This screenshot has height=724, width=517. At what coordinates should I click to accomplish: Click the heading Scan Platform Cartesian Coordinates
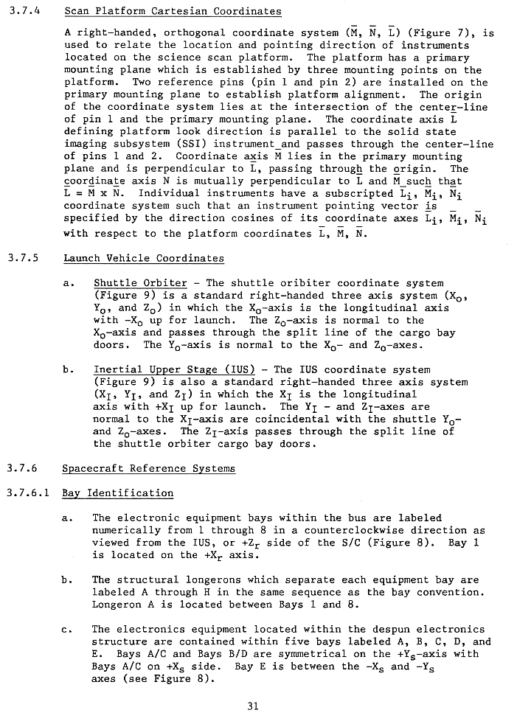pos(173,12)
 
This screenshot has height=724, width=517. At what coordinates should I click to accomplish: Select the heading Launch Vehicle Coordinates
pos(144,258)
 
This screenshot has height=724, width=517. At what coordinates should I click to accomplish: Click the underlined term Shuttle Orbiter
pos(140,283)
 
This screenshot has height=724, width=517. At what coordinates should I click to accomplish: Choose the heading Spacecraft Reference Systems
pos(148,468)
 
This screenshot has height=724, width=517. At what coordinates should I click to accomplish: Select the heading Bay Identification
pos(118,492)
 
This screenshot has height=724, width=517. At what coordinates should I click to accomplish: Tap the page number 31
pos(253,706)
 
